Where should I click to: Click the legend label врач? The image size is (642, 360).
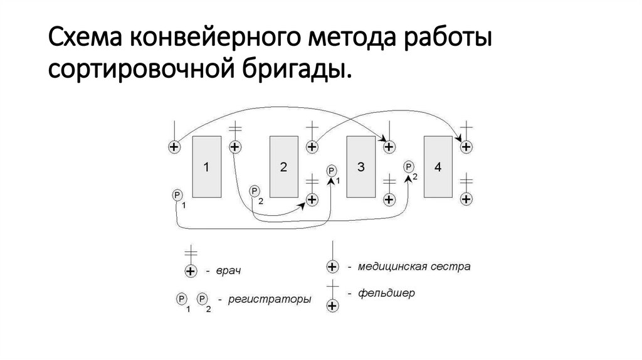pyautogui.click(x=229, y=272)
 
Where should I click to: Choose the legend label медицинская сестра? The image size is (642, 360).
pyautogui.click(x=414, y=267)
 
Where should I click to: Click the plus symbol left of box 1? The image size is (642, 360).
pyautogui.click(x=174, y=147)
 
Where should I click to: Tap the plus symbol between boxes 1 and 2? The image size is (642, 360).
pyautogui.click(x=234, y=147)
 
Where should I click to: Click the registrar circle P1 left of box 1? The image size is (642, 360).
pyautogui.click(x=177, y=195)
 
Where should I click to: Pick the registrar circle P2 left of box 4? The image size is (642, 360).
pyautogui.click(x=409, y=166)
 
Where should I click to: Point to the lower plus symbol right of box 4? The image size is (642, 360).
pyautogui.click(x=466, y=199)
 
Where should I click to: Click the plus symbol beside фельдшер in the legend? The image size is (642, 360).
pyautogui.click(x=332, y=305)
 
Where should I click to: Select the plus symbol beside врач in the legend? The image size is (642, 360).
pyautogui.click(x=191, y=271)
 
